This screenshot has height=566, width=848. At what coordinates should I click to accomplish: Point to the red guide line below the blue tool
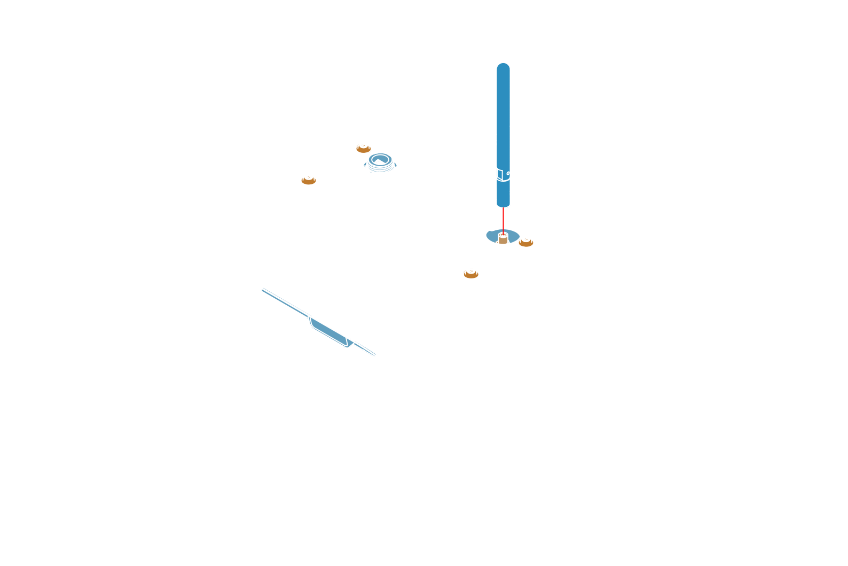[503, 220]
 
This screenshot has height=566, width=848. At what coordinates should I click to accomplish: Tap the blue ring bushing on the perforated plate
[380, 161]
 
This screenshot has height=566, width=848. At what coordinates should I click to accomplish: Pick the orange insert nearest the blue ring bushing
[363, 148]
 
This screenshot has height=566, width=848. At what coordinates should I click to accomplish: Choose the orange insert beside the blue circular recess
[526, 242]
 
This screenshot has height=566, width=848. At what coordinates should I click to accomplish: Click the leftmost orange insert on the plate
[309, 180]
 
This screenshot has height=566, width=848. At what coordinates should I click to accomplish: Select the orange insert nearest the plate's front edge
[470, 274]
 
